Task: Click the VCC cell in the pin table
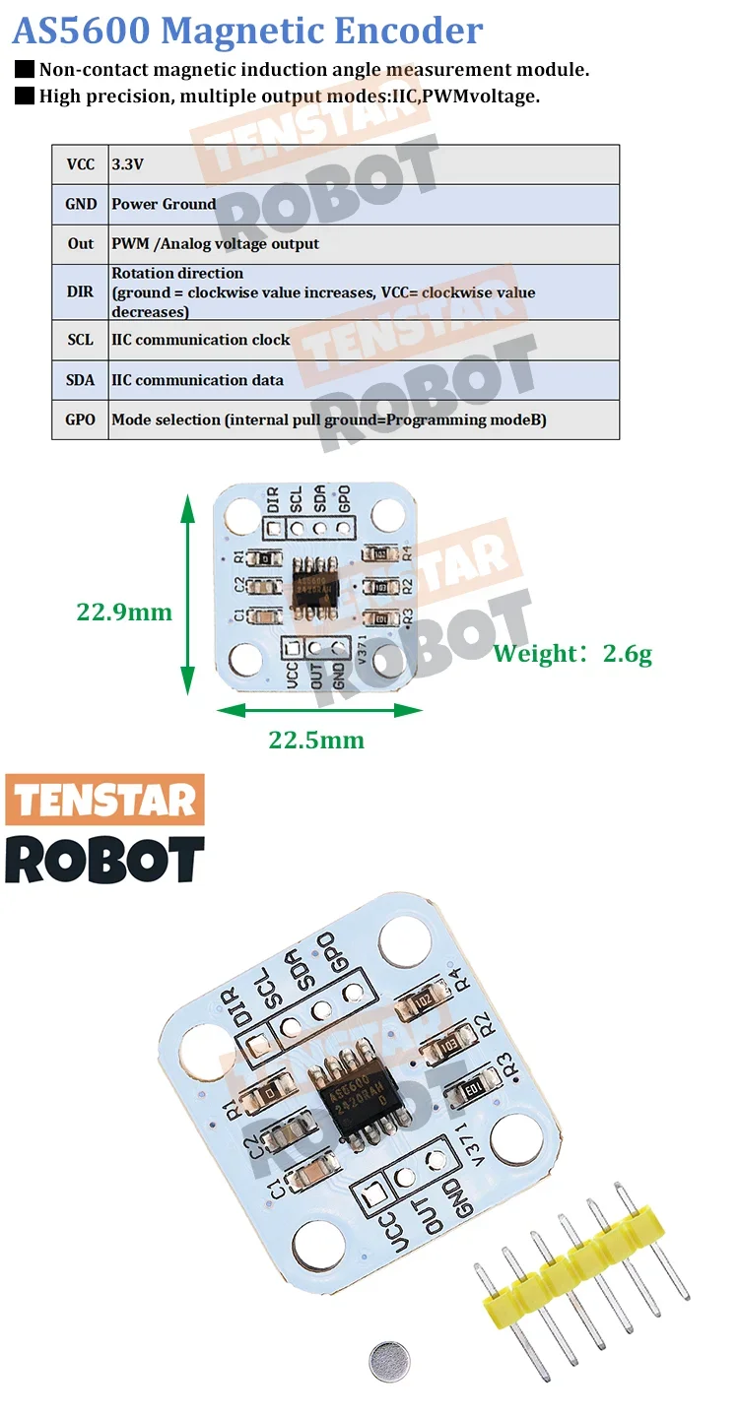[80, 164]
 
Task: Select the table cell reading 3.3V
[364, 164]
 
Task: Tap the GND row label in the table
[80, 204]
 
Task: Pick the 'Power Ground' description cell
[364, 204]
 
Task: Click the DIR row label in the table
[80, 291]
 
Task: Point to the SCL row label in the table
[80, 340]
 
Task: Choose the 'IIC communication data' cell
[364, 379]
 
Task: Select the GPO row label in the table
[80, 419]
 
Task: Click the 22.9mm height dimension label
[124, 612]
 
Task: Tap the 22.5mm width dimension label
[316, 740]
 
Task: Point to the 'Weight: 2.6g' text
[572, 653]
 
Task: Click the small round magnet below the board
[389, 1362]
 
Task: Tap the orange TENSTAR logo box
[104, 800]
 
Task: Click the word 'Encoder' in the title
[408, 31]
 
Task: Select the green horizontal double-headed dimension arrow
[319, 709]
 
